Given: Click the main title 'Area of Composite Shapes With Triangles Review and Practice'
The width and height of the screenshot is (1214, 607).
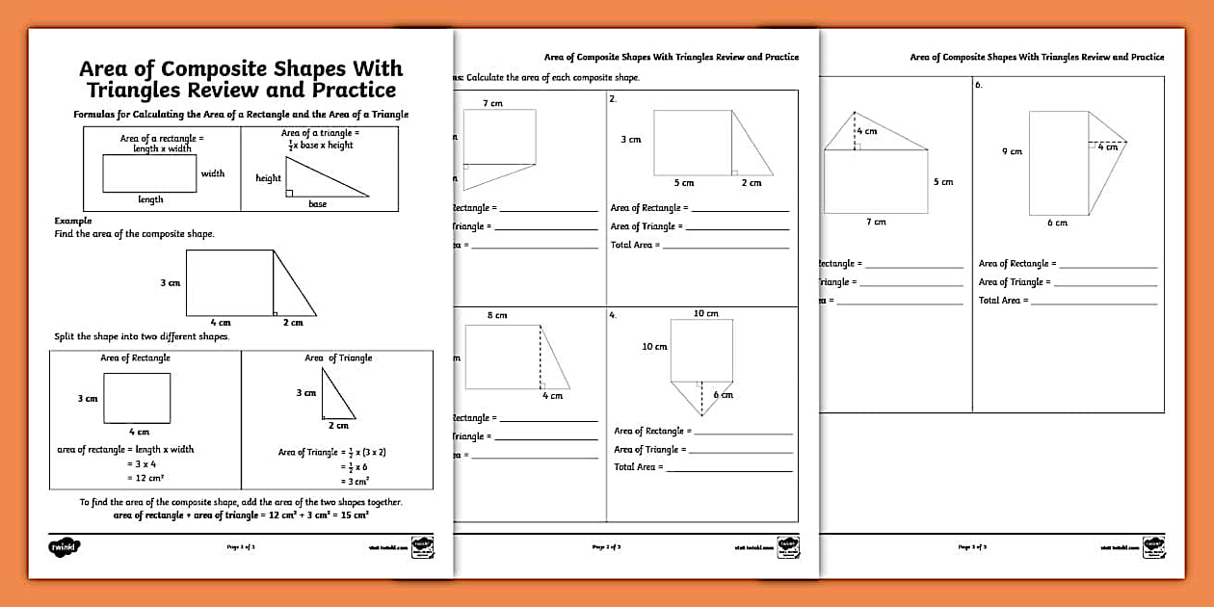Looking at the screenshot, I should (x=241, y=80).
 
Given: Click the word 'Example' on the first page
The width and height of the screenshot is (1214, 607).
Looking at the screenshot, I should (x=73, y=221).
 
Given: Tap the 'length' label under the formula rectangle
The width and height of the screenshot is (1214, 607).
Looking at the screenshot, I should (x=150, y=199).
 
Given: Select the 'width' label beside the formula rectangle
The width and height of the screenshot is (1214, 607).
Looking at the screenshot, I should (x=213, y=173).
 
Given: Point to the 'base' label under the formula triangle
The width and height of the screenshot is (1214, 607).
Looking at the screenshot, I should (x=317, y=204).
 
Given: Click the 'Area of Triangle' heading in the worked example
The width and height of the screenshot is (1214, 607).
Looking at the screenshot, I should (x=338, y=357).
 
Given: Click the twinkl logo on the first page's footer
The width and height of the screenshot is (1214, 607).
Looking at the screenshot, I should (x=64, y=546).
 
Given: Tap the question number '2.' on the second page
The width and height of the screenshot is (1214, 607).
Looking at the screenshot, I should (x=613, y=99).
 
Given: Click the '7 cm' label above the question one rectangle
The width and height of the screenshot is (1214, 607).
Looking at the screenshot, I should (x=492, y=102).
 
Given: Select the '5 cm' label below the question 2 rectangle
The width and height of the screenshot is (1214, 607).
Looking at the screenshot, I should (x=683, y=182).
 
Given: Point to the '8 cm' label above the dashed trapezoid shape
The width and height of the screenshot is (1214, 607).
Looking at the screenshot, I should (x=496, y=315).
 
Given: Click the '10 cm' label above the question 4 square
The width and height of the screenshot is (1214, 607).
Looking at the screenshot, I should (x=705, y=313).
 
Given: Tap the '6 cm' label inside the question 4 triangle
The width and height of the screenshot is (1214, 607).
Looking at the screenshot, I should (x=723, y=395).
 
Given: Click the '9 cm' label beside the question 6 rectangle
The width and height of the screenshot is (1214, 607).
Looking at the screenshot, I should (x=1012, y=151).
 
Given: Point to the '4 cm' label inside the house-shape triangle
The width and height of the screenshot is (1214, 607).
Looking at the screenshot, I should (x=867, y=131).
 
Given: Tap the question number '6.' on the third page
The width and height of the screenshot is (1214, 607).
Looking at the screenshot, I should (x=979, y=86).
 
